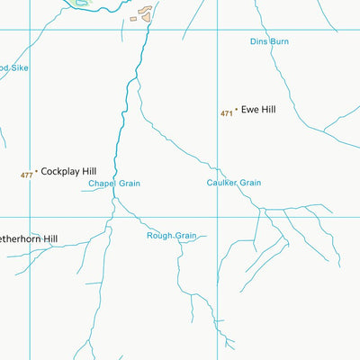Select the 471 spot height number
[x=226, y=113]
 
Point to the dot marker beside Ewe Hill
[x=236, y=111]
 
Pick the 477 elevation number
[x=26, y=175]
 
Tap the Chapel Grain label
[x=114, y=184]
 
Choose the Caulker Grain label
[x=233, y=183]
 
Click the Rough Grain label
[x=171, y=236]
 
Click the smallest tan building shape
[x=133, y=19]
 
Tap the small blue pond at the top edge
[x=82, y=3]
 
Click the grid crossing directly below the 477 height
[x=30, y=217]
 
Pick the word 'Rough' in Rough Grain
[x=159, y=236]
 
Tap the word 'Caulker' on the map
[x=221, y=183]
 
